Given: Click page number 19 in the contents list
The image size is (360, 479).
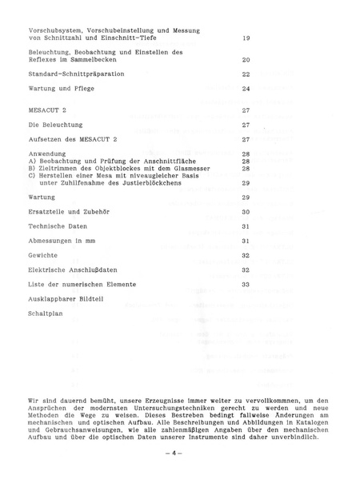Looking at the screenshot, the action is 246,38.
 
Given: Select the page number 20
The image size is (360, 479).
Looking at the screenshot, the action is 246,59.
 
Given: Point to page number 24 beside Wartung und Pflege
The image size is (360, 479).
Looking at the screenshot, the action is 246,88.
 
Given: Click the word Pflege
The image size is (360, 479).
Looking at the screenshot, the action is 83,88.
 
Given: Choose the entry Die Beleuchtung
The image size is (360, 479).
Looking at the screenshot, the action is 56,125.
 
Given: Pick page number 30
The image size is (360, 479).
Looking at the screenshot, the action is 246,212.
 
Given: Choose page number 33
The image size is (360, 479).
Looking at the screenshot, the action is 246,284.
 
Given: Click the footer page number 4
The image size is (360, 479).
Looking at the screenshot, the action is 179,454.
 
